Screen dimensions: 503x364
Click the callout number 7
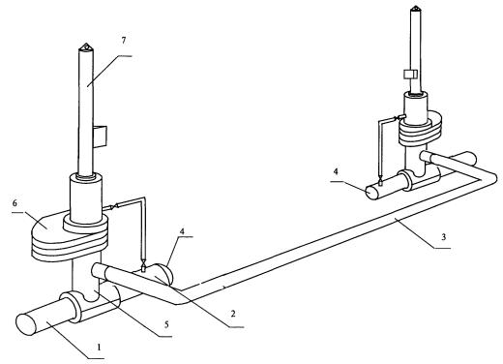[124, 41]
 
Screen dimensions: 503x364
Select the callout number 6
[15, 203]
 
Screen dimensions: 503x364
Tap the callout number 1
[100, 348]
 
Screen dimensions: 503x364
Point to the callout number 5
[166, 324]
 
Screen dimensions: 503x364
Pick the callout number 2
[233, 314]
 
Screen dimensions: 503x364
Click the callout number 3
[443, 237]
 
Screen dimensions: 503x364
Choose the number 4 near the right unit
[336, 171]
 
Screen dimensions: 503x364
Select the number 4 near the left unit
[182, 231]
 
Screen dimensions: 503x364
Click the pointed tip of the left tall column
[86, 44]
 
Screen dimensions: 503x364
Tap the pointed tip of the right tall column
[415, 6]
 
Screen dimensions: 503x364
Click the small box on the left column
[100, 137]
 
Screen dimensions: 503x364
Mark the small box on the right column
[410, 75]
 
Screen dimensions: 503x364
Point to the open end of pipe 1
[26, 324]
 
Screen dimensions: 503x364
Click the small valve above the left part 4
[143, 264]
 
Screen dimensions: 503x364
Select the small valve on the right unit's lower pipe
[381, 180]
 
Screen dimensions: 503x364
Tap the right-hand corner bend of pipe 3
[490, 177]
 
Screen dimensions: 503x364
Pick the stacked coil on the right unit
[420, 129]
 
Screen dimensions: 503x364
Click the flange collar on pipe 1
[74, 307]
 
